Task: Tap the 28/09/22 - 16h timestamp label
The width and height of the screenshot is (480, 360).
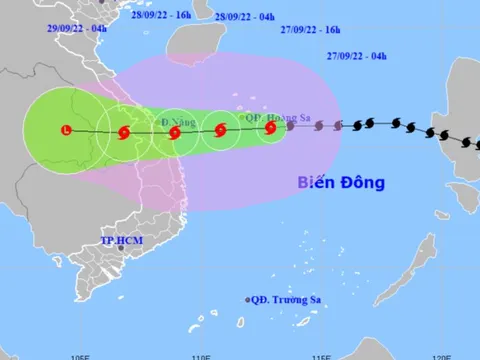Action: click(161, 17)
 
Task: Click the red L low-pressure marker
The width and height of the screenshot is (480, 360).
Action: click(66, 130)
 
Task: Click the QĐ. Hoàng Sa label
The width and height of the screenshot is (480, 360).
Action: click(278, 117)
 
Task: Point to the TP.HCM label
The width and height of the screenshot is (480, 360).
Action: click(123, 242)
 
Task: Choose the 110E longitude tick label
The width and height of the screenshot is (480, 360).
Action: click(201, 354)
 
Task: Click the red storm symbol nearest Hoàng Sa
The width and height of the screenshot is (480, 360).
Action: click(270, 127)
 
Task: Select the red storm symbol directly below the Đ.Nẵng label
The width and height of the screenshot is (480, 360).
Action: click(175, 132)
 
